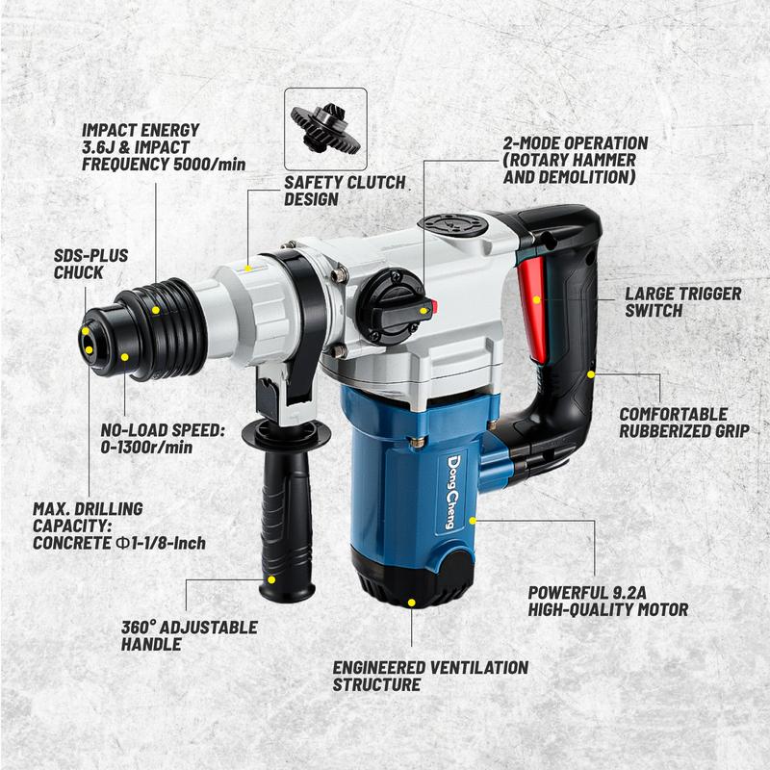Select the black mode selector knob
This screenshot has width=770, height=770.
(x=392, y=307)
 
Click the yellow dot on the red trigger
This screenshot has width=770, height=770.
(x=537, y=299)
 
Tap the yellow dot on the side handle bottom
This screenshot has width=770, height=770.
(x=271, y=580)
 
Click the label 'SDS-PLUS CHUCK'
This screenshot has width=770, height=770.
(x=90, y=264)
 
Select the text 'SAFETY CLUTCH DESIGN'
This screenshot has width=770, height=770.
(x=345, y=191)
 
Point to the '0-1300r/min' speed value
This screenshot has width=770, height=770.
(x=146, y=448)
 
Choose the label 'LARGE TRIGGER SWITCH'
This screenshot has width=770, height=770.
(x=683, y=302)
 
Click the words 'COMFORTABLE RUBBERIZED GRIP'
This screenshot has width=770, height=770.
(x=684, y=423)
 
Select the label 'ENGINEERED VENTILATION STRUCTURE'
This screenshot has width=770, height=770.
(x=430, y=676)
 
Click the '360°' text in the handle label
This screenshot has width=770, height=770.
(x=139, y=628)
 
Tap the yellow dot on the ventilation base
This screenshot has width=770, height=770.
(x=412, y=603)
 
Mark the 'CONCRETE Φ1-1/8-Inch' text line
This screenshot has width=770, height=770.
(x=118, y=543)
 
